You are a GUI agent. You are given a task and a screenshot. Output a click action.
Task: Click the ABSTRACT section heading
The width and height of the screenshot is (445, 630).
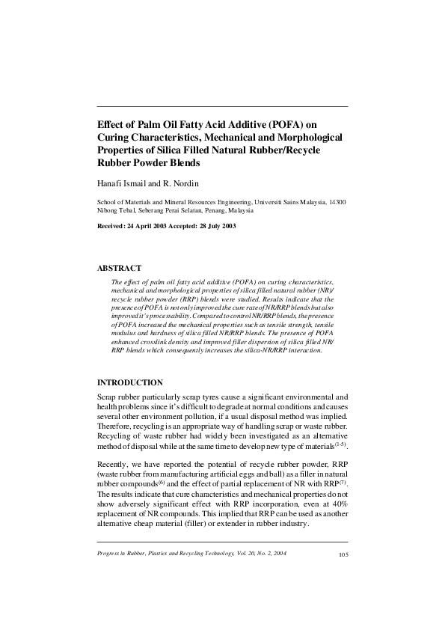click(x=120, y=267)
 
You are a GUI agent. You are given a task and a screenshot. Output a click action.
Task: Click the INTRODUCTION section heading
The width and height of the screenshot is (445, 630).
click(x=131, y=382)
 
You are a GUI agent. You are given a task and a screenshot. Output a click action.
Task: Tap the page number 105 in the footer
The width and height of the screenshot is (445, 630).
click(x=343, y=554)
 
